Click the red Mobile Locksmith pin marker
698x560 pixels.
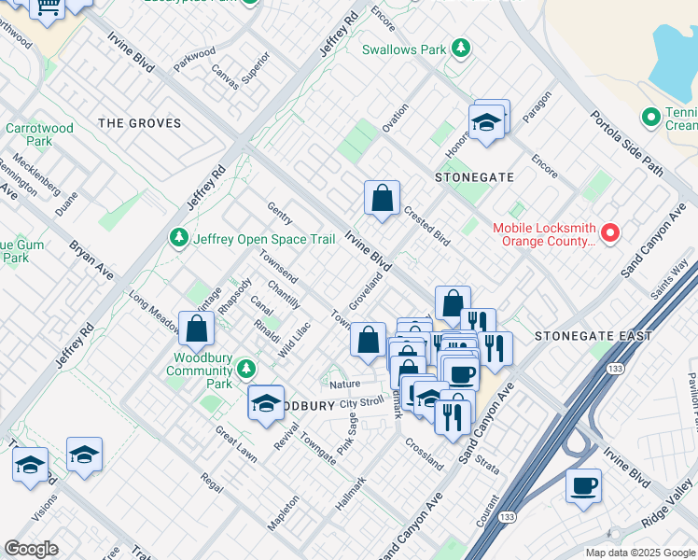(x=611, y=232)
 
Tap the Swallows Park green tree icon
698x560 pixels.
(x=459, y=48)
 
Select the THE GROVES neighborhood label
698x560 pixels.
(x=137, y=122)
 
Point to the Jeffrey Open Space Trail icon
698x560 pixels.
(x=178, y=239)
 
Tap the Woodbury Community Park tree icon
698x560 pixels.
(x=246, y=369)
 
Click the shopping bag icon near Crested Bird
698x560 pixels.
(x=382, y=198)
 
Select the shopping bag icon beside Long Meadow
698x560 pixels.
(x=197, y=328)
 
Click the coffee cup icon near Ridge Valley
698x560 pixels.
(x=583, y=485)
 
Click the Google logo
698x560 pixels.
(x=31, y=549)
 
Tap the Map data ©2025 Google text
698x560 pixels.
(x=639, y=552)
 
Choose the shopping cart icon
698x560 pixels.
(x=47, y=8)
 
